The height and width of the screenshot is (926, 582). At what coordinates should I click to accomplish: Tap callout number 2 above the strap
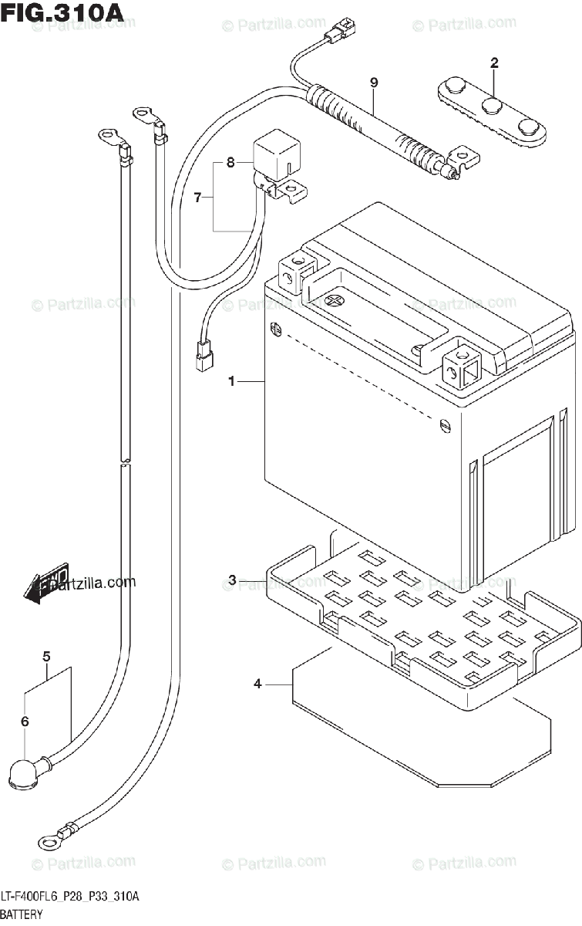click(494, 63)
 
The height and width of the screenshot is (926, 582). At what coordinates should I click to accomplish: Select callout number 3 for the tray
click(232, 580)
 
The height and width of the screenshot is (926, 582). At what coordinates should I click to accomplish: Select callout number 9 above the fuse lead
click(374, 83)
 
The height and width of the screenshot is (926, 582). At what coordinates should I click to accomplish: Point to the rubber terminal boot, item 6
click(26, 771)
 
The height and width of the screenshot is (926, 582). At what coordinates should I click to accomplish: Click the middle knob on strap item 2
click(491, 106)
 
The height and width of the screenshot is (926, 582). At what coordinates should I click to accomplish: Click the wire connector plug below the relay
click(204, 356)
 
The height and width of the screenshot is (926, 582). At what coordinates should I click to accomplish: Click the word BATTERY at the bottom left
click(22, 914)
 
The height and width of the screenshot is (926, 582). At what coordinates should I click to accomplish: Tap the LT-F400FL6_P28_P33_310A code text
click(69, 897)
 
